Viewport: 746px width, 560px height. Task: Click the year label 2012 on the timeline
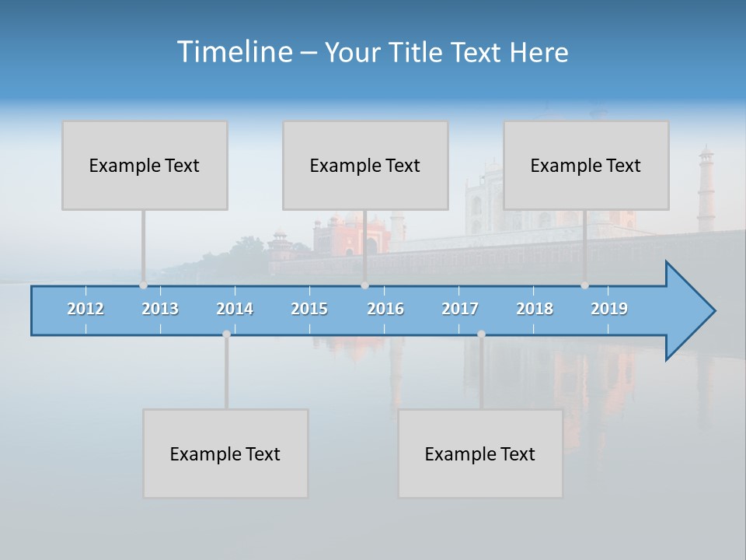click(x=85, y=309)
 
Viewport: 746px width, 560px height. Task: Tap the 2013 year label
click(x=160, y=309)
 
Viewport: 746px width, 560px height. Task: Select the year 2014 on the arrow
click(x=235, y=309)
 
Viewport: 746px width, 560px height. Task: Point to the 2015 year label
click(x=309, y=309)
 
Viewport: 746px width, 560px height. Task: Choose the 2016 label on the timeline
click(x=385, y=309)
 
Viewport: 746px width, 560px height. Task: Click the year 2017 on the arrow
click(x=460, y=309)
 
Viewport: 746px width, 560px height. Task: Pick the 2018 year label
click(x=535, y=309)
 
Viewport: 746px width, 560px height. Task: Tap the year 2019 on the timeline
click(x=609, y=309)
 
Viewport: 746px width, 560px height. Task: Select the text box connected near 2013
click(x=145, y=166)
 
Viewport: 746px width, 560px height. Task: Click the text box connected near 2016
click(x=365, y=166)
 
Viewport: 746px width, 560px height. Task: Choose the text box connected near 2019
click(x=586, y=166)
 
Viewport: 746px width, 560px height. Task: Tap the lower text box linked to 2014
click(x=225, y=453)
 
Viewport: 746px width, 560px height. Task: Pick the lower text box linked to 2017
click(x=480, y=453)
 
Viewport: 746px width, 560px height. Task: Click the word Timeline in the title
click(x=233, y=52)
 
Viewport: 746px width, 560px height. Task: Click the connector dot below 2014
click(x=226, y=334)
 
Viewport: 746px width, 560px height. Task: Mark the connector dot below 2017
click(x=481, y=334)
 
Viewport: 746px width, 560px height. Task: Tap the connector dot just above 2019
click(x=584, y=285)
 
